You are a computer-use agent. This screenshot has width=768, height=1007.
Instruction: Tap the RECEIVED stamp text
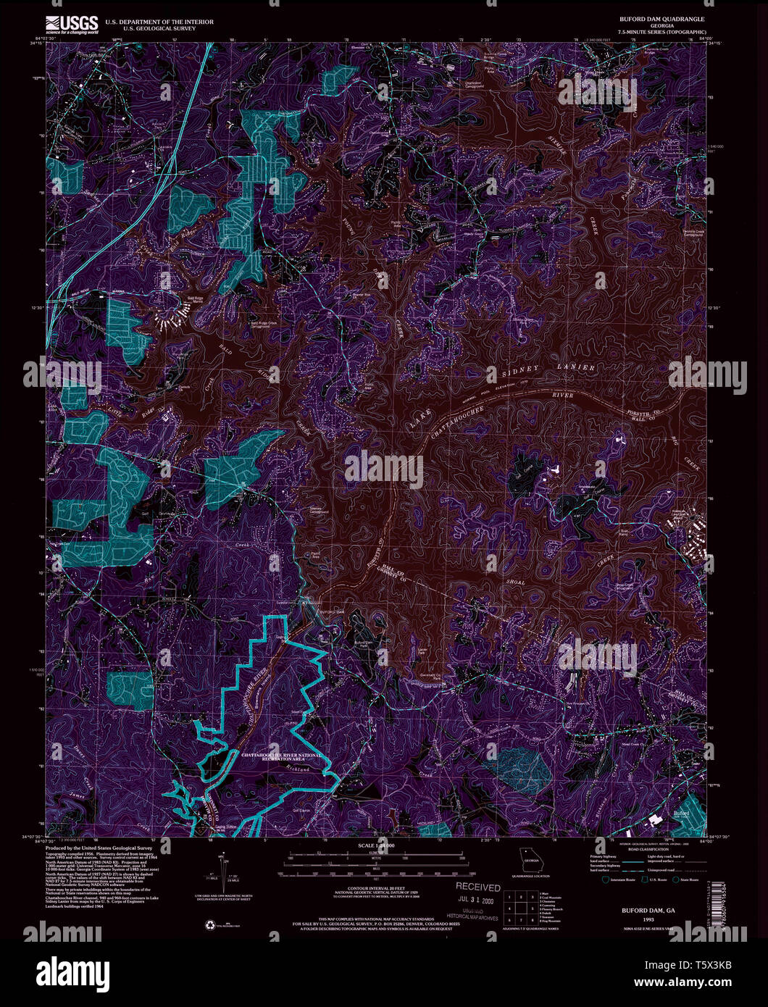(x=477, y=887)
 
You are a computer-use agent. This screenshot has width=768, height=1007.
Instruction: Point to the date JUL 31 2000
(x=477, y=901)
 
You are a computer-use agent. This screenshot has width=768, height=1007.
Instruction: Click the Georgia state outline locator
(x=533, y=861)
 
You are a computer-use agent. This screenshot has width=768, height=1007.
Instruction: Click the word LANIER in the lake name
(x=577, y=368)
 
